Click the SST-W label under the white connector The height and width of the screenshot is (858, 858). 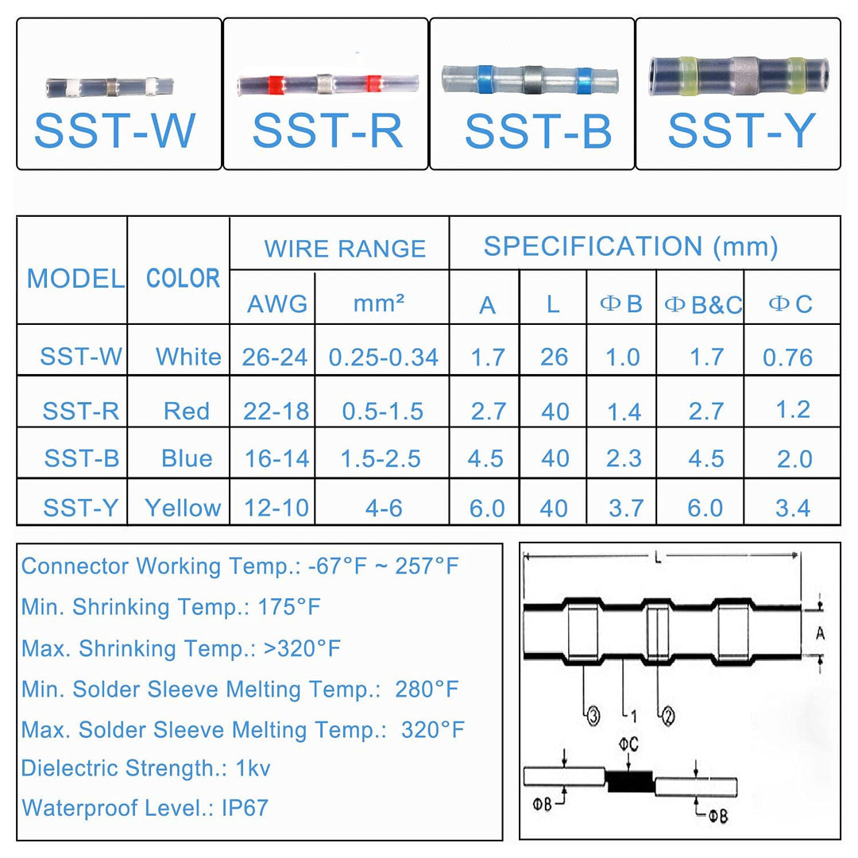[115, 131]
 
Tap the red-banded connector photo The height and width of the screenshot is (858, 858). [327, 83]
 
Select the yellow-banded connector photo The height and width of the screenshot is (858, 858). [739, 75]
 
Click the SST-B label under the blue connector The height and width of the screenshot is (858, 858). [538, 131]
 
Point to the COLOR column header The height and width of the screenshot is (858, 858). [183, 279]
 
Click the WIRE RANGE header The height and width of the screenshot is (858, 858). [345, 249]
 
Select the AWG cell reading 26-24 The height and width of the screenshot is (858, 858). [275, 357]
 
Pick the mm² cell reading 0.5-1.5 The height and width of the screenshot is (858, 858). [383, 411]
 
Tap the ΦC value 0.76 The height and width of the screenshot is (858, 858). [788, 357]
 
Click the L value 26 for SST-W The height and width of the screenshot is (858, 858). [554, 357]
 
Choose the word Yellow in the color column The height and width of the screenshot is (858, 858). [183, 507]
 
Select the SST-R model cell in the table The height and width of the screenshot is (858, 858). [81, 411]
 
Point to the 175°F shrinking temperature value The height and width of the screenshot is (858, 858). [289, 608]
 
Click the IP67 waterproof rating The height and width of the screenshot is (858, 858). [245, 808]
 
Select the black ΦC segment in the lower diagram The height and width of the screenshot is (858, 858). [629, 782]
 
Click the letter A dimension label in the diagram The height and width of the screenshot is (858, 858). [820, 633]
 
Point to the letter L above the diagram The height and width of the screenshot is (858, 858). [658, 558]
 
